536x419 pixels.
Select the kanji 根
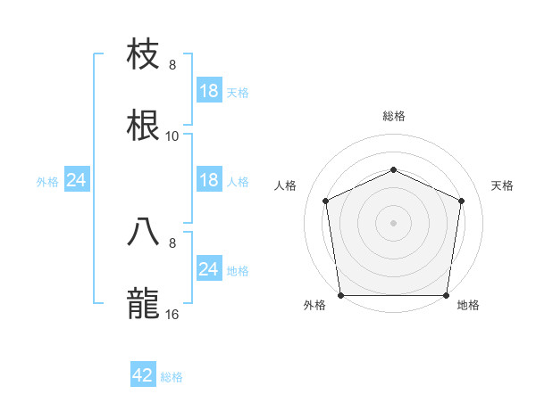pos(145,126)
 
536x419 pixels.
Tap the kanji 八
pos(145,231)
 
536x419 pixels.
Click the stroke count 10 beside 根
pos(172,136)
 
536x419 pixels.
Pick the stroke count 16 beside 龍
pos(172,314)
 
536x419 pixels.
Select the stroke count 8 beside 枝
pos(172,64)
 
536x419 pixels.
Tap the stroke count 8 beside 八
pos(172,242)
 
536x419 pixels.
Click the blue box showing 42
pos(143,375)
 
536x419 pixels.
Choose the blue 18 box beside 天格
pos(209,90)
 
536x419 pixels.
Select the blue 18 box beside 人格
pos(209,180)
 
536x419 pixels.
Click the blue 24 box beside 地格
pos(209,269)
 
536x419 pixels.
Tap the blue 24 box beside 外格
pos(76,180)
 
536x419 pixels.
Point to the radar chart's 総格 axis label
pos(393,116)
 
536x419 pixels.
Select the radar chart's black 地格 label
pos(468,305)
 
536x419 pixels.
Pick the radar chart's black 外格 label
pos(314,305)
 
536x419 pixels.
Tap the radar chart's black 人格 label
pos(286,185)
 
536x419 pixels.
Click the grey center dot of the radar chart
pos(393,222)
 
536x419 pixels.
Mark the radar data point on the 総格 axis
pos(393,168)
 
